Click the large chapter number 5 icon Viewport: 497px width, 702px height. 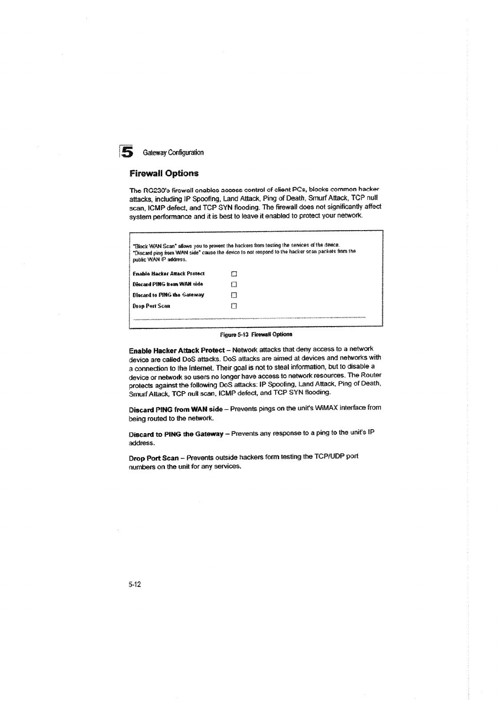point(127,152)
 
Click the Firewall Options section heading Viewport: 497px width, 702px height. point(164,173)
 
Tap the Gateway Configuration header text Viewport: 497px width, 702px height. point(173,153)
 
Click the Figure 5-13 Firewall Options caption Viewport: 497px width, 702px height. point(258,334)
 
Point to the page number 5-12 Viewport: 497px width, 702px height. point(134,585)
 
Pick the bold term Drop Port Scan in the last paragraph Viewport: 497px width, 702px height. point(153,458)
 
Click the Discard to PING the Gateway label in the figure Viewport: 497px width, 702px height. point(168,295)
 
